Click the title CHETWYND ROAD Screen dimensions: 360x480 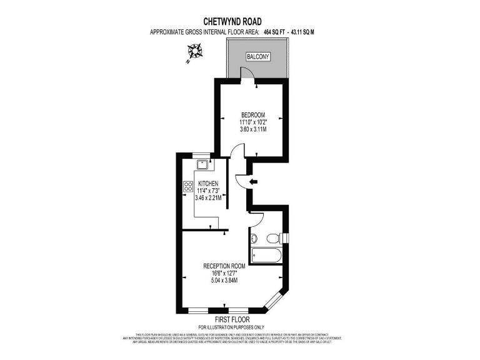(239, 20)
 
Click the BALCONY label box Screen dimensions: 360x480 (258, 56)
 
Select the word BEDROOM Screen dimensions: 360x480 (253, 114)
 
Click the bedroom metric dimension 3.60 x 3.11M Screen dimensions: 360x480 (253, 129)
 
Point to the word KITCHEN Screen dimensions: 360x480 (207, 183)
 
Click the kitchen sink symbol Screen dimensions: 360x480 (202, 164)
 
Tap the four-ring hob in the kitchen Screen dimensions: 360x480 (188, 186)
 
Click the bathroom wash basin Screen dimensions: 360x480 (253, 237)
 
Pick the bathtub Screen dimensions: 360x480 (266, 254)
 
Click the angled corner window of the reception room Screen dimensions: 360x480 (275, 302)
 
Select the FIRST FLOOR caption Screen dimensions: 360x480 (232, 319)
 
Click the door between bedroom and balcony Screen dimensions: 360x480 (247, 75)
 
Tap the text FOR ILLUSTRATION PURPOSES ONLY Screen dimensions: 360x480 (232, 327)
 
